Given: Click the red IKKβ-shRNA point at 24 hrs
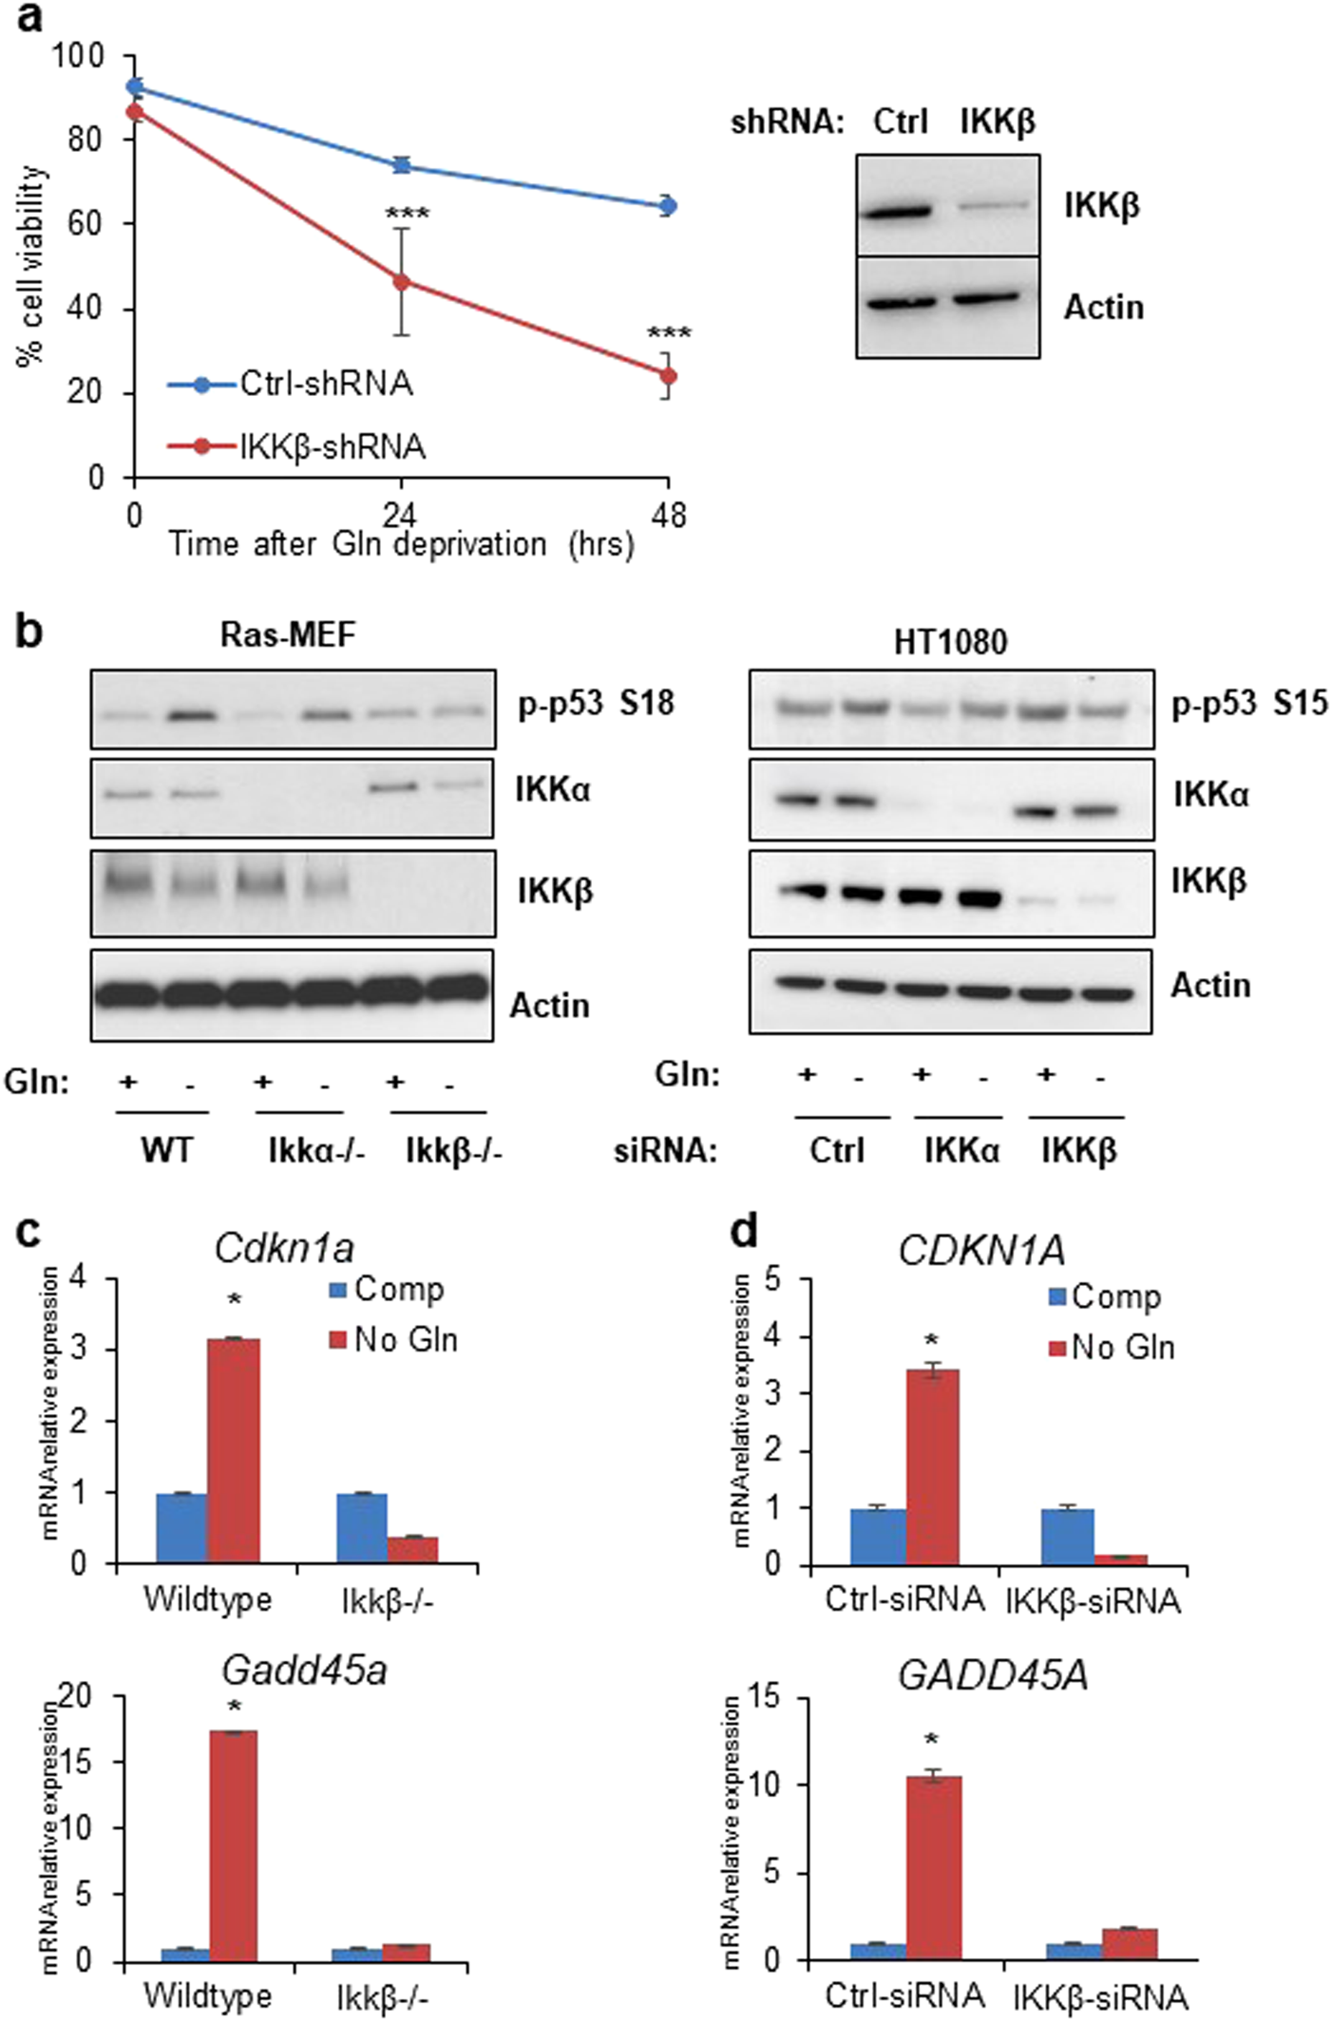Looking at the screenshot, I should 402,282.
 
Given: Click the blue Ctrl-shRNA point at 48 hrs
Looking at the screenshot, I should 668,205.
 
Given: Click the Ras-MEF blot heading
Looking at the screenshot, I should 288,634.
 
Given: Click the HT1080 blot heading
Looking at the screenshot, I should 950,643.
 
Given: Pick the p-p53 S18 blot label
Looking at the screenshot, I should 595,704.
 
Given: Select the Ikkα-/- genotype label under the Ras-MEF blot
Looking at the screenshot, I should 316,1150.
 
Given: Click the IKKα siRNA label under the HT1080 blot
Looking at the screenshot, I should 961,1150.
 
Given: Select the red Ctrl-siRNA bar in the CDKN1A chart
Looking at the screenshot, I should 932,1466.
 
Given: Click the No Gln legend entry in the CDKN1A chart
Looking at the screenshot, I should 1121,1348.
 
